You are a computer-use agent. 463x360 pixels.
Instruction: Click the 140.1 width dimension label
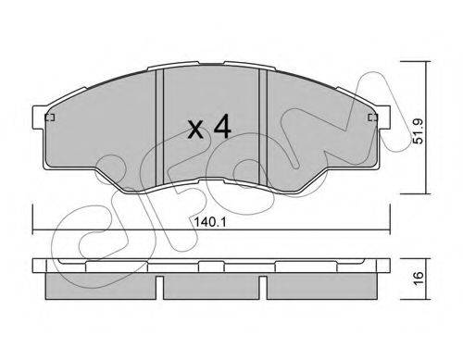210,221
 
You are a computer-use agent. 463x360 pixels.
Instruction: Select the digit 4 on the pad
222,126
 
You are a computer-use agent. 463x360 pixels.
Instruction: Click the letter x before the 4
195,130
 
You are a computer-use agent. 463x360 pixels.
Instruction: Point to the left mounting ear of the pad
40,118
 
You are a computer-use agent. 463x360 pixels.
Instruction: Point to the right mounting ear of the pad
382,118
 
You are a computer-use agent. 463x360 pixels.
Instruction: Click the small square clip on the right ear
373,118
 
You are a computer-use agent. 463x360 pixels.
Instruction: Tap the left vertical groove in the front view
159,128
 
